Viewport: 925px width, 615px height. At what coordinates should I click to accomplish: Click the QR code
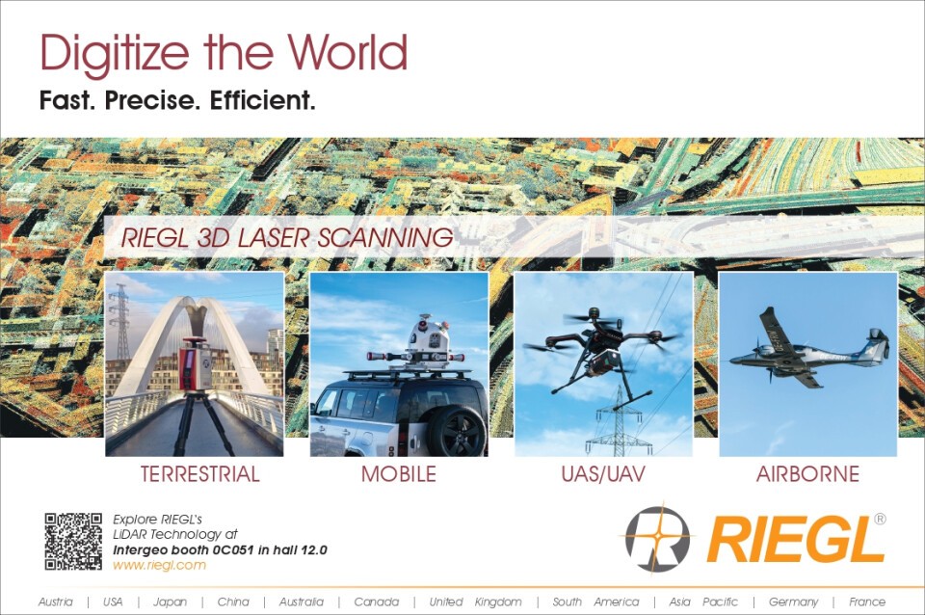pyautogui.click(x=73, y=541)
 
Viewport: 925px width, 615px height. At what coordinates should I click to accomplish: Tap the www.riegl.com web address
pyautogui.click(x=159, y=565)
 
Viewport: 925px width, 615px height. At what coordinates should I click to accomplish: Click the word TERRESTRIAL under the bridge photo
pyautogui.click(x=200, y=474)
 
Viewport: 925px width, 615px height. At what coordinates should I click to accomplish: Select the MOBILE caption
pyautogui.click(x=399, y=474)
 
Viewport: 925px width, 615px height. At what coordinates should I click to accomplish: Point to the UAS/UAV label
pyautogui.click(x=603, y=474)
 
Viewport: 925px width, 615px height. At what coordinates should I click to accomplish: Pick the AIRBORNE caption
pyautogui.click(x=807, y=474)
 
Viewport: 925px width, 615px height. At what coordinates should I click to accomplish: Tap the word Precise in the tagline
pyautogui.click(x=148, y=100)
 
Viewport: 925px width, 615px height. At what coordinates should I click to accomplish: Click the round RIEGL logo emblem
pyautogui.click(x=657, y=539)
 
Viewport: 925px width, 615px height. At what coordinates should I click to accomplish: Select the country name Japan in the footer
pyautogui.click(x=170, y=602)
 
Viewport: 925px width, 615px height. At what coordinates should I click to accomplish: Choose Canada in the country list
pyautogui.click(x=377, y=602)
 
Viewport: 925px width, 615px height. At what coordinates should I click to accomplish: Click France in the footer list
pyautogui.click(x=866, y=602)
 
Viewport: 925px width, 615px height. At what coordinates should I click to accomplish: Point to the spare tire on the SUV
pyautogui.click(x=457, y=430)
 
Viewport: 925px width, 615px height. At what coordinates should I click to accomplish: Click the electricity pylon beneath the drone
pyautogui.click(x=617, y=421)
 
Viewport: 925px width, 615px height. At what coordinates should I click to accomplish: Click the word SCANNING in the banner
pyautogui.click(x=385, y=238)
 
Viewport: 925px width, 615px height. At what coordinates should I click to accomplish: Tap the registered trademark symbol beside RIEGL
pyautogui.click(x=880, y=519)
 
